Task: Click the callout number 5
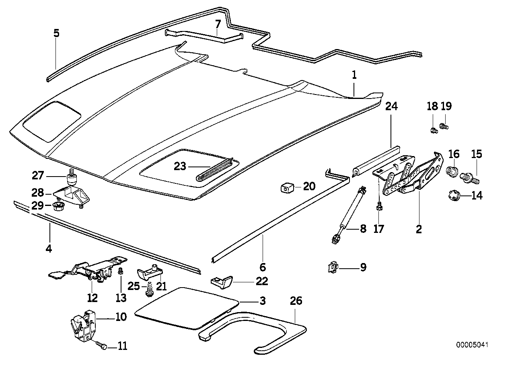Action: click(56, 33)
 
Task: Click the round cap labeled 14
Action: click(454, 196)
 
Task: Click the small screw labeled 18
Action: click(433, 130)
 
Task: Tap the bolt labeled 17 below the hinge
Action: click(378, 207)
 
